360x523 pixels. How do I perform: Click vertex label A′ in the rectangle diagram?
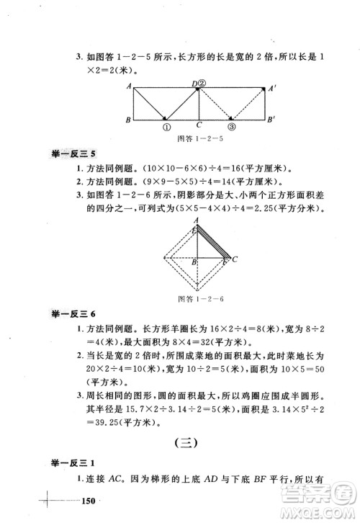(x=272, y=89)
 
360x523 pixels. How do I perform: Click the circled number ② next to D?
(x=202, y=84)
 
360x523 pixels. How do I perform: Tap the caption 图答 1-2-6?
(x=198, y=298)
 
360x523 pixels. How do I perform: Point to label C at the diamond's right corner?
(x=236, y=259)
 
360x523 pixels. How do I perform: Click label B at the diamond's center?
(x=193, y=262)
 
